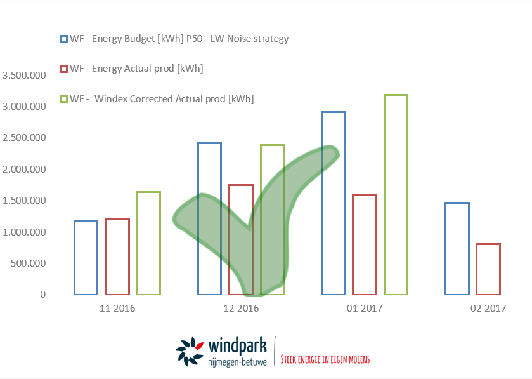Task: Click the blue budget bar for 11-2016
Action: [x=74, y=257]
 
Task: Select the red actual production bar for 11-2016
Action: [x=105, y=256]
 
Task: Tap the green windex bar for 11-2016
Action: [x=137, y=243]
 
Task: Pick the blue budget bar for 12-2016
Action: [x=198, y=219]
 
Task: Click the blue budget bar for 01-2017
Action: [x=321, y=203]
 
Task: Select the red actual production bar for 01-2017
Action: [x=353, y=245]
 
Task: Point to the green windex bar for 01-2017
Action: [x=384, y=195]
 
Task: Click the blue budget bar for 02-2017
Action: [x=446, y=249]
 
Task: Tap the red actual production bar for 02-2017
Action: [x=477, y=269]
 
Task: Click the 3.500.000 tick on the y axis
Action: [x=24, y=75]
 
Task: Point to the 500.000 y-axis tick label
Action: [x=28, y=263]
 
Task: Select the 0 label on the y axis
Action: [x=42, y=295]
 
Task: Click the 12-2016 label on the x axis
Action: [x=241, y=309]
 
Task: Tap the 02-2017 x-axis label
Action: [x=488, y=309]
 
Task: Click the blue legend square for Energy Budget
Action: [x=64, y=39]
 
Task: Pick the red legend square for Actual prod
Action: [x=64, y=69]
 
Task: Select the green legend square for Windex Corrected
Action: [x=64, y=99]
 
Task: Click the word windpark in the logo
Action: [x=237, y=347]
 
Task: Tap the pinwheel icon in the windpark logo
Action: [x=190, y=352]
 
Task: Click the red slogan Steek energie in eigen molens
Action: [x=325, y=359]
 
